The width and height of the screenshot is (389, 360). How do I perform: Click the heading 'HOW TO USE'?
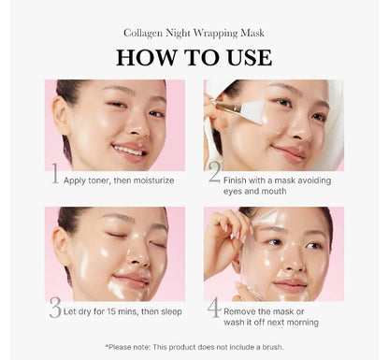point(194,57)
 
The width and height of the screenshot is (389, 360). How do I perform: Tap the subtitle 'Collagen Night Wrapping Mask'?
point(194,33)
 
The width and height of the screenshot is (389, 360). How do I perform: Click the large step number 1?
point(53,174)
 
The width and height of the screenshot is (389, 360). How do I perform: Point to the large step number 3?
point(55,310)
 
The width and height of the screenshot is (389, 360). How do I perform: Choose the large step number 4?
point(214,310)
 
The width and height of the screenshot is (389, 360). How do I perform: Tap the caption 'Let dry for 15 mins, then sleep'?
point(122,311)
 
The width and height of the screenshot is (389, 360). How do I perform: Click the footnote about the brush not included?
point(194,346)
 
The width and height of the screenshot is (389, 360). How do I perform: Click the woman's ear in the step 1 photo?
point(62,116)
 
